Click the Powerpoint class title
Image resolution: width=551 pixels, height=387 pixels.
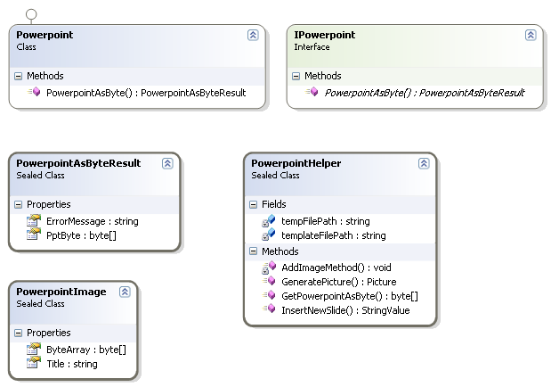[x=45, y=35]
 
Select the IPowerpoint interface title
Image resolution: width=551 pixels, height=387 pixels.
[x=324, y=35]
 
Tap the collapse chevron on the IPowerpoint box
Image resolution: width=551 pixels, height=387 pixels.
[x=531, y=35]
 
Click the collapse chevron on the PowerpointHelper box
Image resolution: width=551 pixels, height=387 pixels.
[x=425, y=164]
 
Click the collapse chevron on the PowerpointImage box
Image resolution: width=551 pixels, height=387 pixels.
[x=125, y=292]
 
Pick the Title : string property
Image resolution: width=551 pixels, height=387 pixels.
[x=71, y=364]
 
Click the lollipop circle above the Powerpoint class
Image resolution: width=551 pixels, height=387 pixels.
[x=32, y=13]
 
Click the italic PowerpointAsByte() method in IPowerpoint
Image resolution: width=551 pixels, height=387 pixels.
[x=424, y=92]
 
